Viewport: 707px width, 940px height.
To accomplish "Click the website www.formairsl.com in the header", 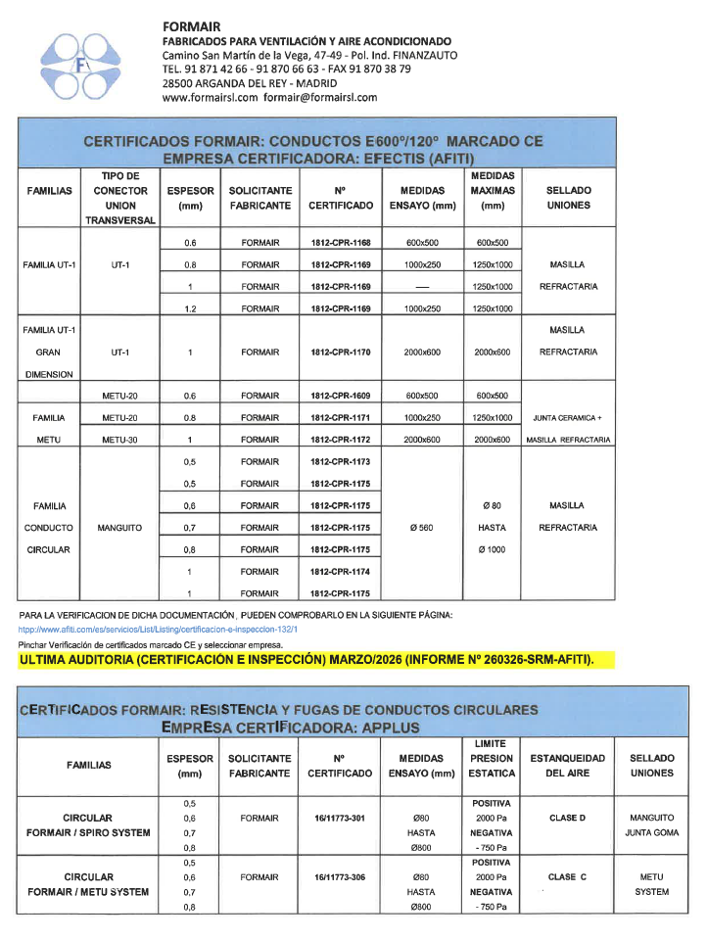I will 210,98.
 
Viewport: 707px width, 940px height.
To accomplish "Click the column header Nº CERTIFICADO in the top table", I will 341,198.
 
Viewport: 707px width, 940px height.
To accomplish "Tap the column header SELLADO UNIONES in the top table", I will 569,198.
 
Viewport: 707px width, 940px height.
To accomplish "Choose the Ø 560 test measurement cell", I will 423,528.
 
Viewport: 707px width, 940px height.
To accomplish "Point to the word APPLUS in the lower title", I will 380,728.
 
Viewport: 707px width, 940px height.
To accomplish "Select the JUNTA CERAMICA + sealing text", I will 568,418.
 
